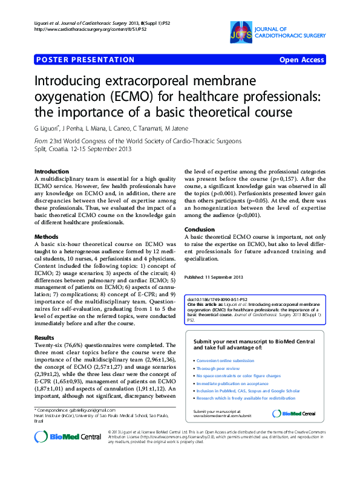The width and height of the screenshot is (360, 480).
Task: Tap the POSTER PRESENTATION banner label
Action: tap(85, 60)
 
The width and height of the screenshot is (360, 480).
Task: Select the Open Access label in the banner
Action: tap(301, 60)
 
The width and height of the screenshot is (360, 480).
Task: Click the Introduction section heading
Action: tap(51, 172)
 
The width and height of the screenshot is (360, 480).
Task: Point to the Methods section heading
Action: tap(46, 236)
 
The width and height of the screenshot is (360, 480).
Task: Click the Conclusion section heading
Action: tap(200, 230)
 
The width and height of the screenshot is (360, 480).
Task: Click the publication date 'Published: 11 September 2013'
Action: tap(214, 277)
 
